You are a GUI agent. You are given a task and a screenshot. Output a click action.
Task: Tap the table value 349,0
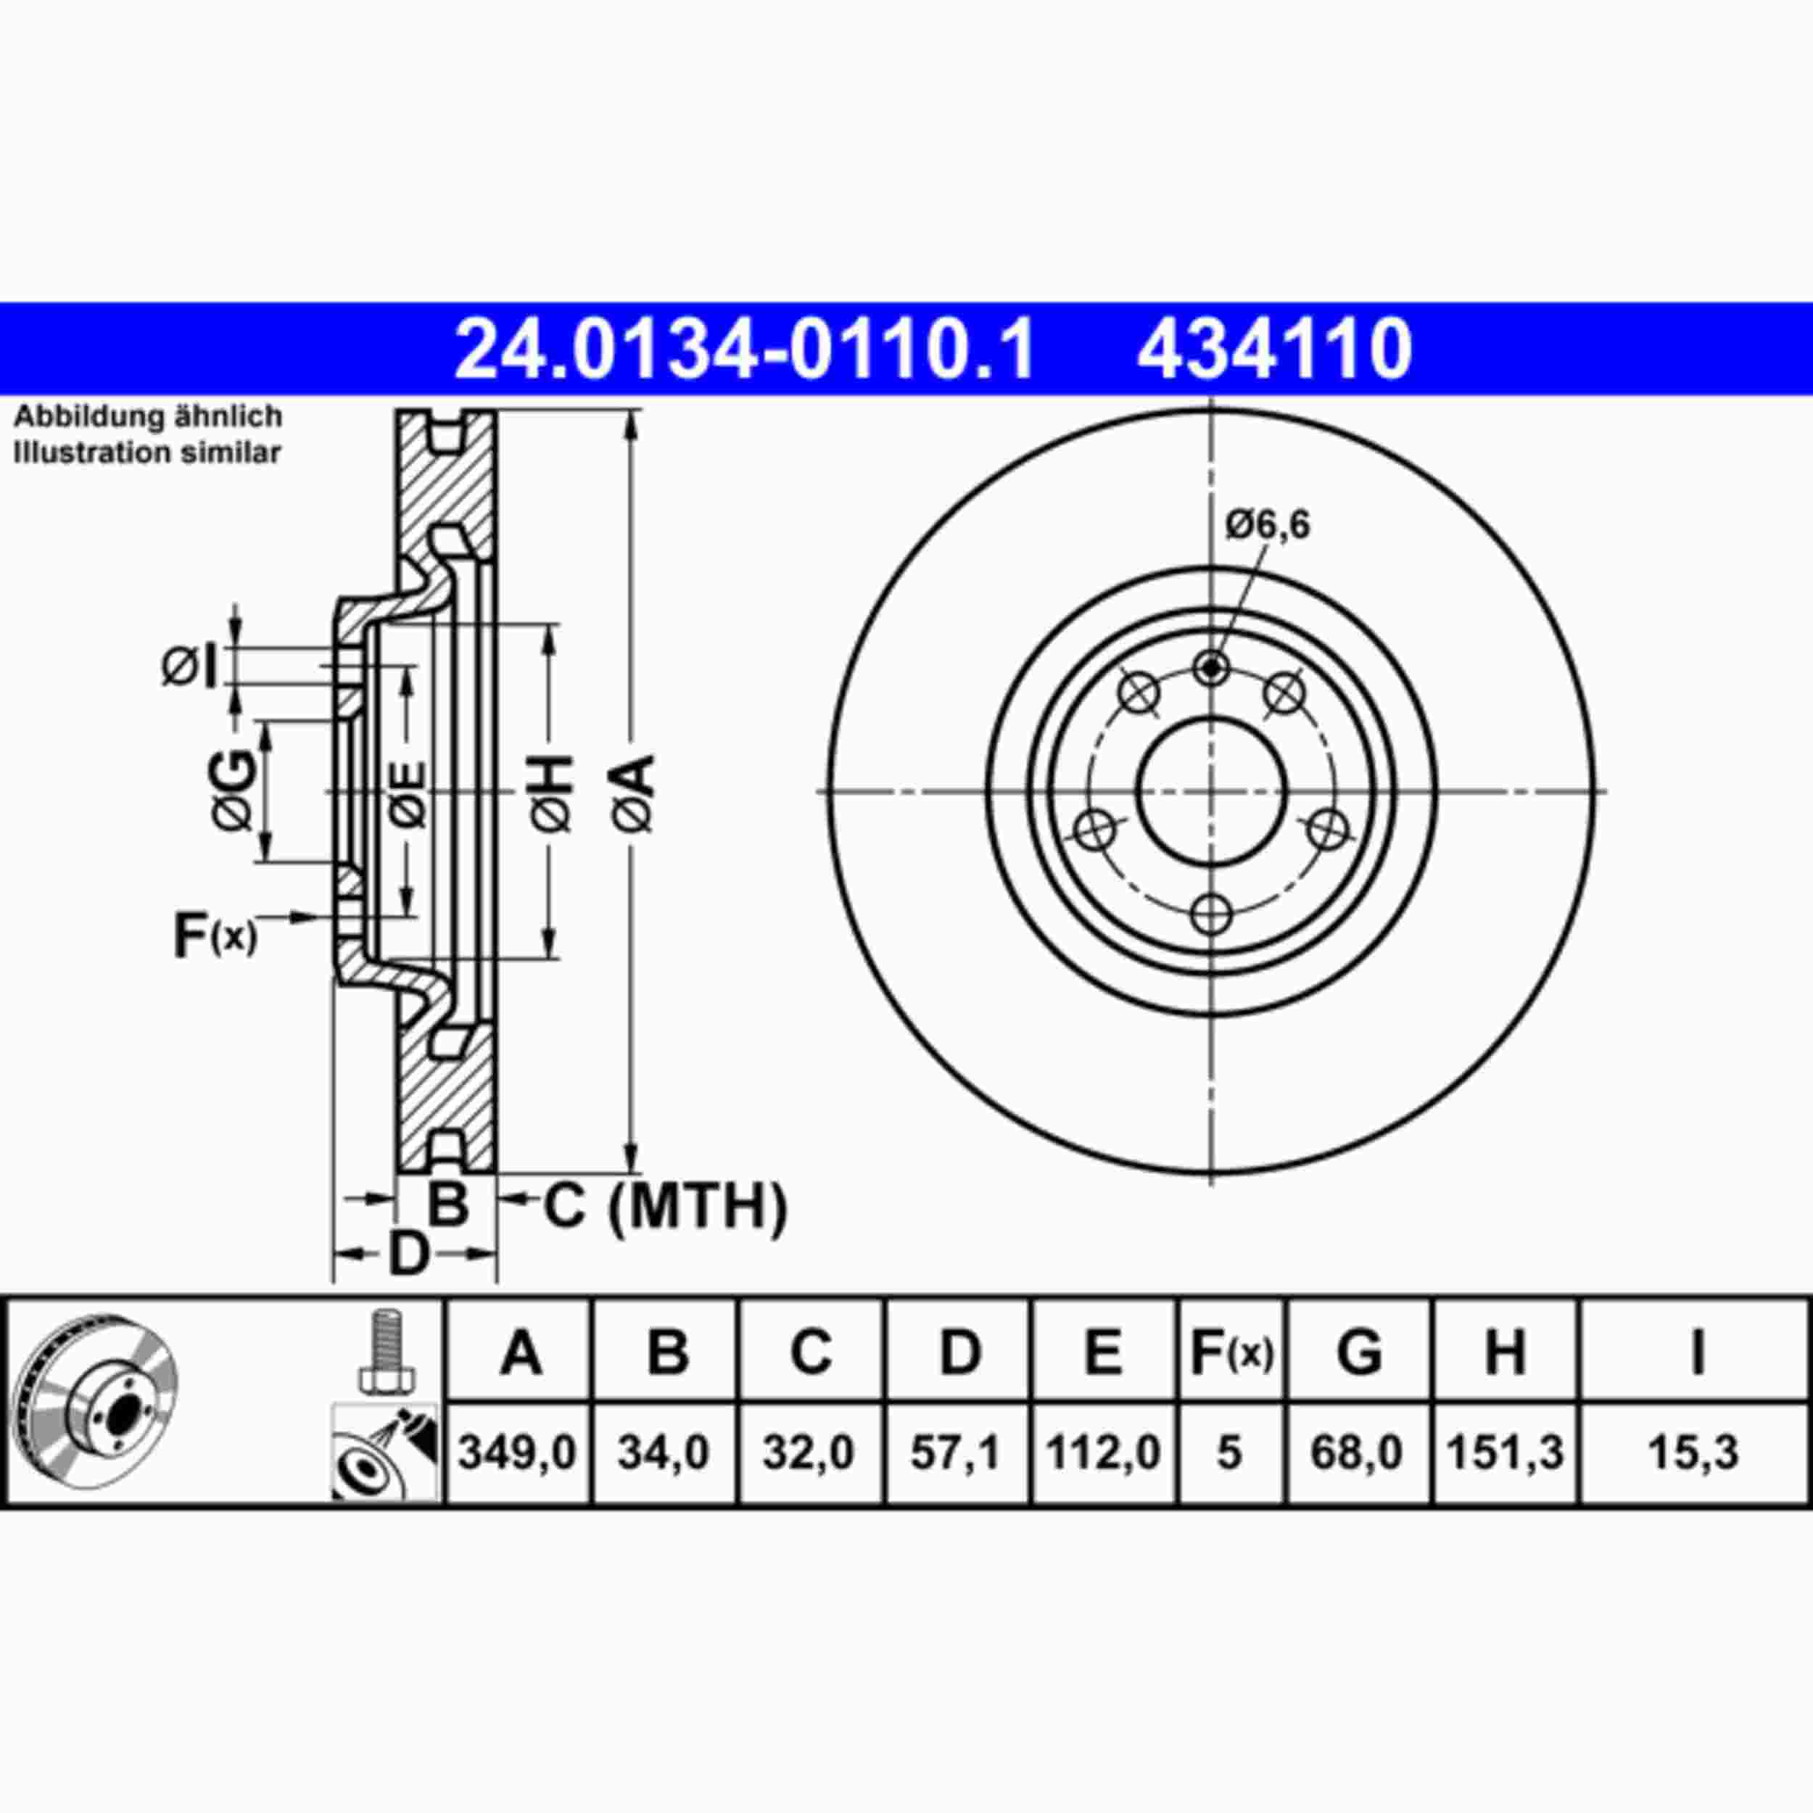(x=517, y=1453)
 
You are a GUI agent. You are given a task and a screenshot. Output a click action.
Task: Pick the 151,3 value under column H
(x=1506, y=1453)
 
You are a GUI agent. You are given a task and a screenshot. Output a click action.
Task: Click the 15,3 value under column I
(x=1694, y=1453)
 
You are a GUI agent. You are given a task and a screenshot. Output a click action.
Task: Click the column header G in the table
(x=1359, y=1352)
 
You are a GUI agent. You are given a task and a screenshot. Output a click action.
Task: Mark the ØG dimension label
(x=234, y=790)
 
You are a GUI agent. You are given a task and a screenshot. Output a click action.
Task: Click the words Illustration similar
(x=147, y=453)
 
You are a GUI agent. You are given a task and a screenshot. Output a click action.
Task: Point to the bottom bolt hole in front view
(x=1212, y=913)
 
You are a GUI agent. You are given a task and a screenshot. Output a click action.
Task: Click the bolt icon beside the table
(x=386, y=1352)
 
